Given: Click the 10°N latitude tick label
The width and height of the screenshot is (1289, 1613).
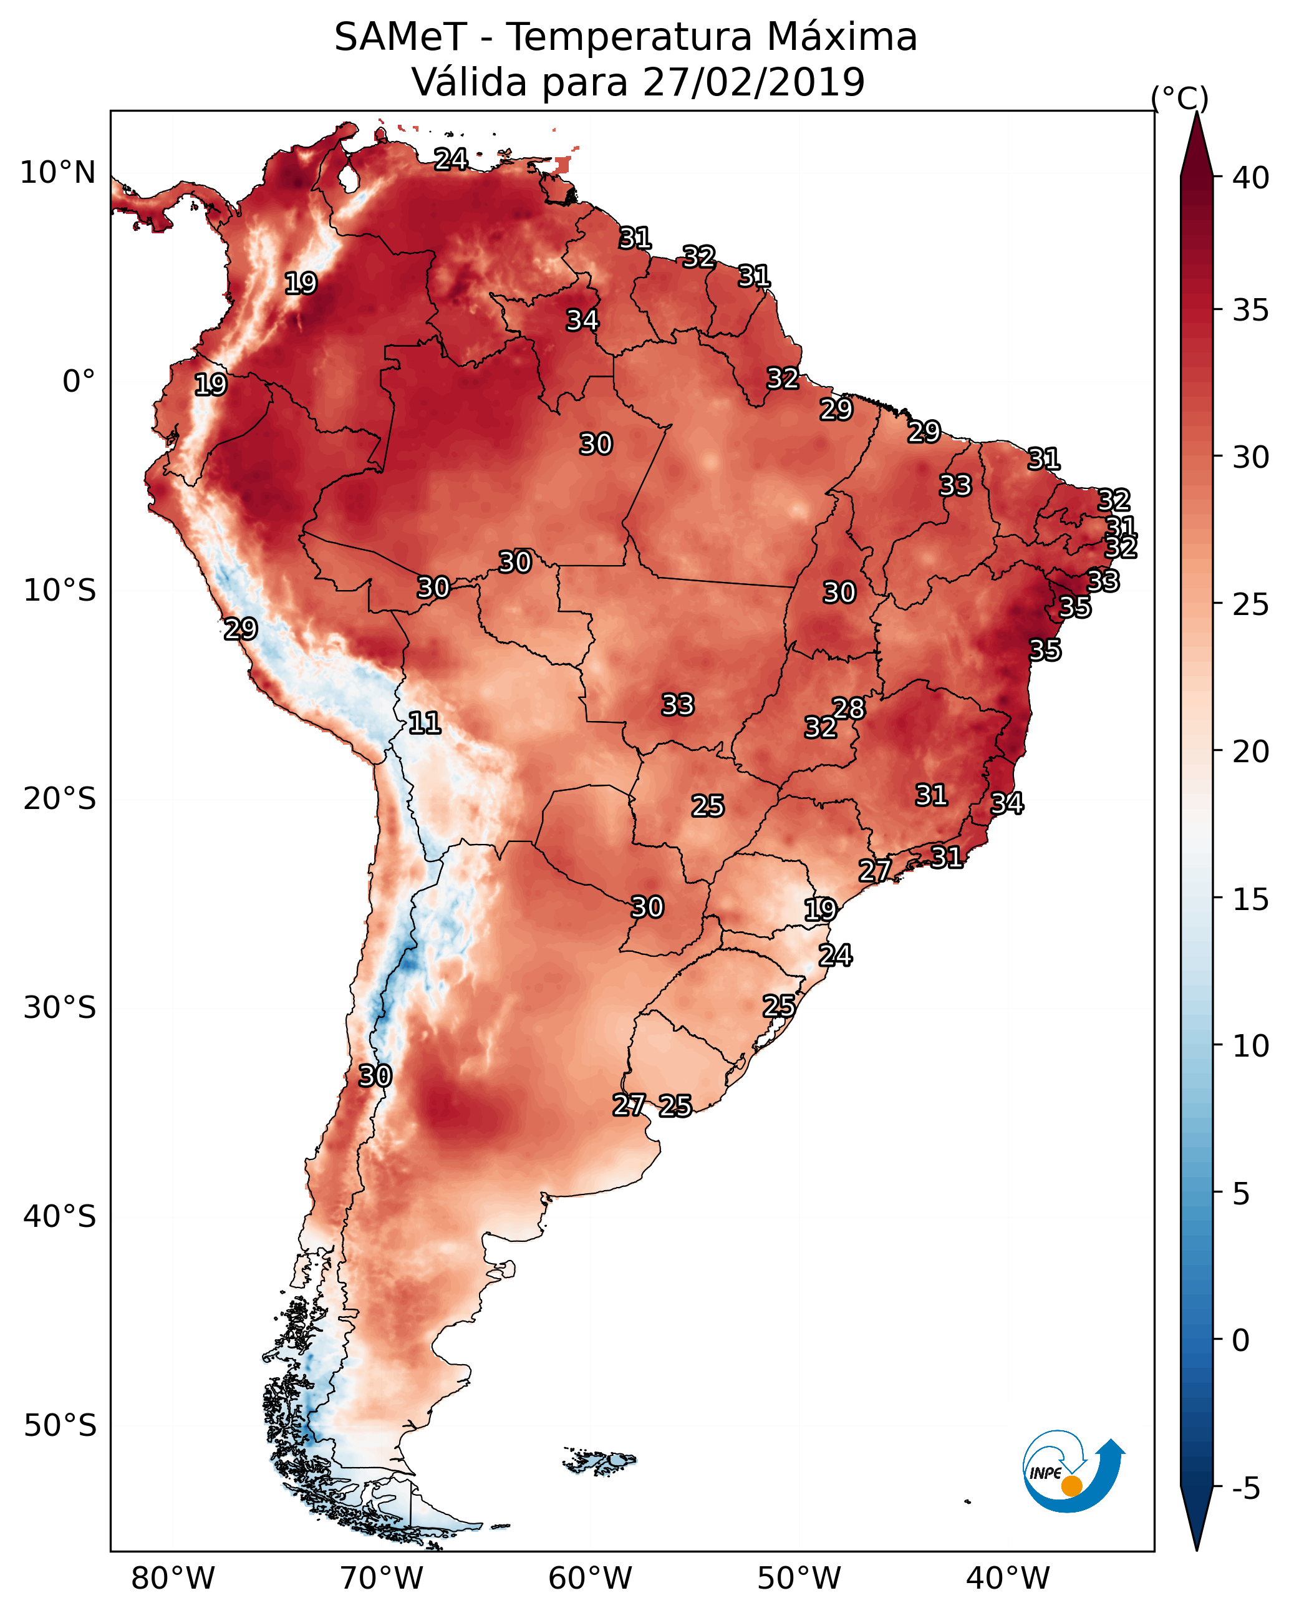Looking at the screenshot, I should click(57, 173).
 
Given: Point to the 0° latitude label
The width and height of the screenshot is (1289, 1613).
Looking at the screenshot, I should click(79, 382).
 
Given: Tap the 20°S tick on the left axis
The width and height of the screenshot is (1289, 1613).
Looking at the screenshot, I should click(60, 799).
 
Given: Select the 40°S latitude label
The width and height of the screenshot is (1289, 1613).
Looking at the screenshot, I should click(60, 1216).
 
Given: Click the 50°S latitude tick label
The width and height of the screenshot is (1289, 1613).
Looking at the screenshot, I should click(60, 1425).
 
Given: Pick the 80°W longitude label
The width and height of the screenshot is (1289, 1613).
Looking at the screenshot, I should click(173, 1578).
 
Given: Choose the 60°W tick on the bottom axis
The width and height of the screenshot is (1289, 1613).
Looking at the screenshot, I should click(591, 1578).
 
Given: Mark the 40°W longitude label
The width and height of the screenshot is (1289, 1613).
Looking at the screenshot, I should click(1008, 1578).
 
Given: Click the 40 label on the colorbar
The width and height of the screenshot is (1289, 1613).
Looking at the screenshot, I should click(1251, 178).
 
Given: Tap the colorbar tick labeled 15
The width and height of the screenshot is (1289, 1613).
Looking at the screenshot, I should click(1251, 899).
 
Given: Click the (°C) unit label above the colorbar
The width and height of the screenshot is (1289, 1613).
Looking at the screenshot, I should click(1180, 98).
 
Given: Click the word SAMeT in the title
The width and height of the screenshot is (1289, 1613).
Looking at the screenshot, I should click(400, 37).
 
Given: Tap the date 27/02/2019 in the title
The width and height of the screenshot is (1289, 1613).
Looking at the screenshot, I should click(753, 82).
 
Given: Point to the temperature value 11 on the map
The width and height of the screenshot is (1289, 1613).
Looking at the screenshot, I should click(424, 723).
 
